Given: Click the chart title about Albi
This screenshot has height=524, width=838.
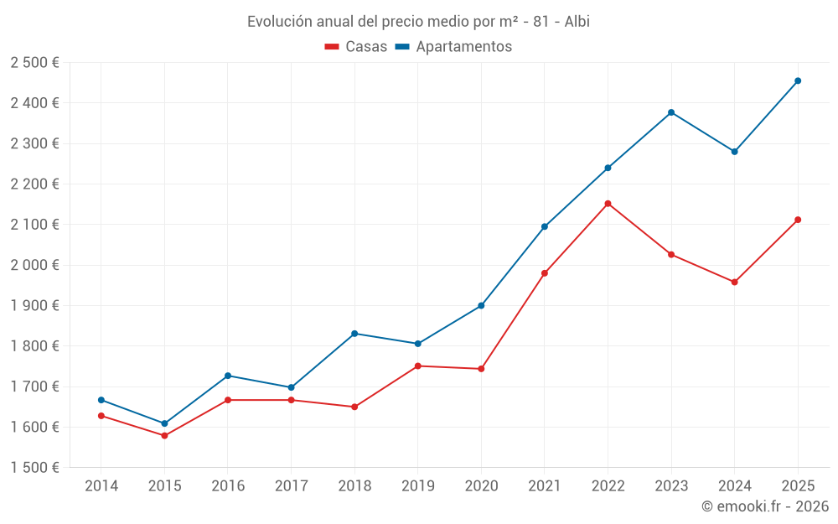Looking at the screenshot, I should click(x=418, y=22).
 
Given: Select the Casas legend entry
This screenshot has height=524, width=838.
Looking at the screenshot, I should click(x=356, y=47).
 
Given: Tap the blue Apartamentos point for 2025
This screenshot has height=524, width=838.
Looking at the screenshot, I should click(x=798, y=81).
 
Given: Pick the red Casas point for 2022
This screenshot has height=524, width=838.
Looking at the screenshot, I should click(x=608, y=204).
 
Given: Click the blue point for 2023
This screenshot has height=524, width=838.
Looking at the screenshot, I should click(x=671, y=112).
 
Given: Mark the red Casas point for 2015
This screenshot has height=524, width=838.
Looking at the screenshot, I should click(x=164, y=436).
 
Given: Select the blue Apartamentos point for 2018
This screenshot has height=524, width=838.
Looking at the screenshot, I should click(x=354, y=334).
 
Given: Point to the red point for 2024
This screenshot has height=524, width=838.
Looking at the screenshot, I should click(x=734, y=283).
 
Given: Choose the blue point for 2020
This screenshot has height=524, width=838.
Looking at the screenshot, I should click(x=481, y=306).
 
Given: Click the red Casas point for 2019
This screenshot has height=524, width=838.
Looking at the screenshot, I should click(x=417, y=366).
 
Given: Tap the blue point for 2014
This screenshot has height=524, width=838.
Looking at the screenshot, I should click(x=101, y=400).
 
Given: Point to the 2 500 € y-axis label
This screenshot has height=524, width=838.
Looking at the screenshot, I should click(x=34, y=63).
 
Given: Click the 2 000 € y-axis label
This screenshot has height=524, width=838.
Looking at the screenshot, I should click(x=34, y=265).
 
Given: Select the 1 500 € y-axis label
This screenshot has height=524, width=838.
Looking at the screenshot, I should click(x=34, y=468).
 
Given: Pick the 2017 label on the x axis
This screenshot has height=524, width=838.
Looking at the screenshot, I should click(x=291, y=486).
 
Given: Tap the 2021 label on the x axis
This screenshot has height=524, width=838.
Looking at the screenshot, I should click(x=545, y=486).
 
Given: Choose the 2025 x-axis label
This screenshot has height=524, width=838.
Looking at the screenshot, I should click(x=798, y=486).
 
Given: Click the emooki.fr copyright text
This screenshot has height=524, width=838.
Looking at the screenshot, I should click(x=764, y=506).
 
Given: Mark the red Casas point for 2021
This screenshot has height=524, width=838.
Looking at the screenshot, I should click(x=545, y=273).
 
